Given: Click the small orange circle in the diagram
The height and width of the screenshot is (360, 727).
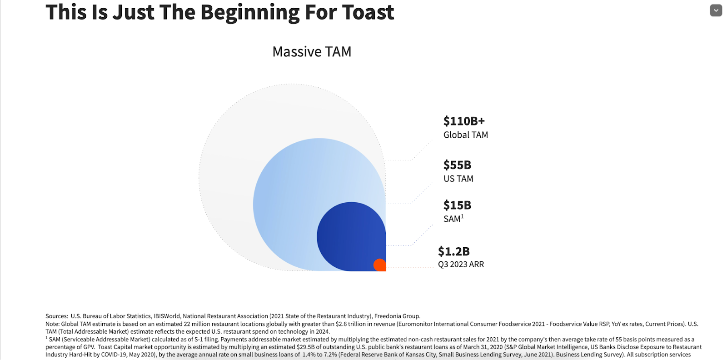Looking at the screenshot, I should [x=379, y=265].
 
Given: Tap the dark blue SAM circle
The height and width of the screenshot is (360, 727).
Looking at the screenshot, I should [x=348, y=234].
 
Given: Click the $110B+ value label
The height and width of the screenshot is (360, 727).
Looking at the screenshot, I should [x=464, y=121].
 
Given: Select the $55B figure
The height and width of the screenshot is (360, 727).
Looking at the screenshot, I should [x=457, y=165].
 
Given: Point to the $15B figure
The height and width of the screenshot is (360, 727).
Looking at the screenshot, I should [x=457, y=205].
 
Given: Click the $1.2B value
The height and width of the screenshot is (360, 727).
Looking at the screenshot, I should [x=453, y=251].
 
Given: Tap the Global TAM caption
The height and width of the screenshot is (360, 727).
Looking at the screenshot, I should [x=465, y=135].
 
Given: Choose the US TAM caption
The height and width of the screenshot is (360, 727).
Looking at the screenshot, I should [x=458, y=179].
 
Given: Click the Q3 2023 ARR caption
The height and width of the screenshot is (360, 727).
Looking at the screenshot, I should [x=461, y=265].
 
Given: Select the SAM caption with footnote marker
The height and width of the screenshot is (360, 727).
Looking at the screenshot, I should [x=453, y=219].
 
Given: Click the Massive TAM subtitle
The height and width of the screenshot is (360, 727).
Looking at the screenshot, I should [x=312, y=52].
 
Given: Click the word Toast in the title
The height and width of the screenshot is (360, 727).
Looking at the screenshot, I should [x=368, y=12].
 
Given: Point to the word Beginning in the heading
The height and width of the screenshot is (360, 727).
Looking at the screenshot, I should [x=250, y=12].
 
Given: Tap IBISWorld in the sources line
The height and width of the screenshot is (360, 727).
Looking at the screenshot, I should [x=167, y=316].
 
